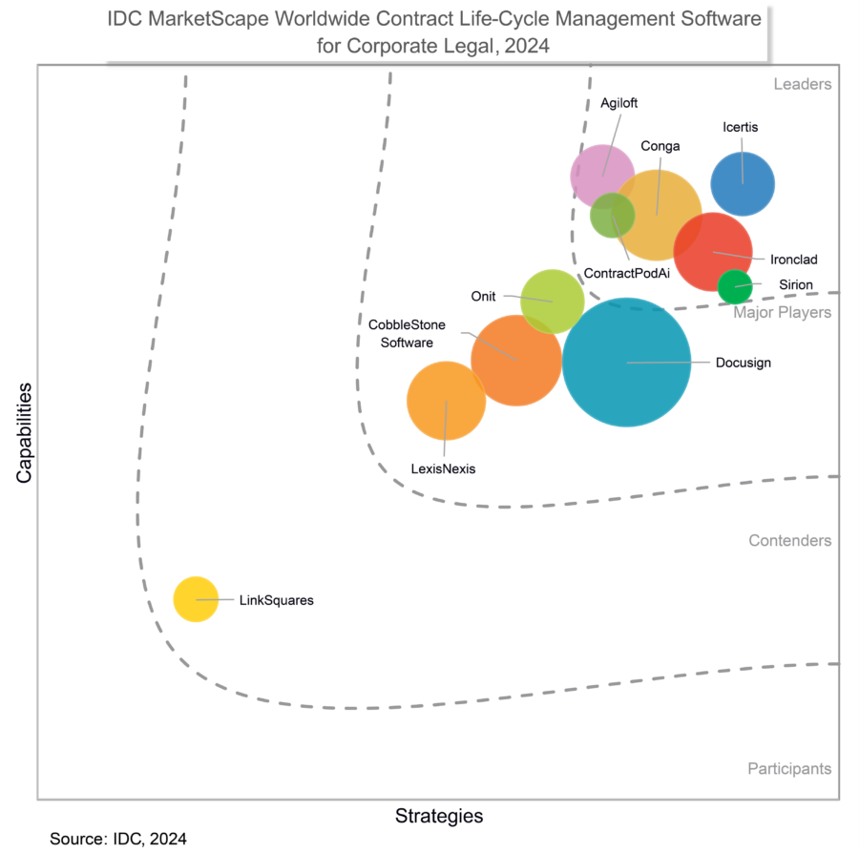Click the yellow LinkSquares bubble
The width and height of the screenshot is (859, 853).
pyautogui.click(x=196, y=599)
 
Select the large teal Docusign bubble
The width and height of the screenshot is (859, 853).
pyautogui.click(x=626, y=363)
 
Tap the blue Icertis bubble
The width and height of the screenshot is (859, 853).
pyautogui.click(x=743, y=183)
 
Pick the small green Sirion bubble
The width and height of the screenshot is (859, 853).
pyautogui.click(x=735, y=285)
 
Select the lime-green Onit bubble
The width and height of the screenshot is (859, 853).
pyautogui.click(x=552, y=302)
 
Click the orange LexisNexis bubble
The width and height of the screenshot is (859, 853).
pyautogui.click(x=446, y=401)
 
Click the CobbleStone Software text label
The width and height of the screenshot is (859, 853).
pyautogui.click(x=408, y=334)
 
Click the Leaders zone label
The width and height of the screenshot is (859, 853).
pyautogui.click(x=802, y=84)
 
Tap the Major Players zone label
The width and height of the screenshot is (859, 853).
pyautogui.click(x=782, y=312)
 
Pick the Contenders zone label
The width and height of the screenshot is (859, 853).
pyautogui.click(x=789, y=541)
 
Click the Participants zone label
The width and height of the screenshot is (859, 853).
pyautogui.click(x=788, y=769)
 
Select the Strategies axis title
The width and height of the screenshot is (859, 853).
pyautogui.click(x=439, y=817)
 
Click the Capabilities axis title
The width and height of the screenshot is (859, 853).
pyautogui.click(x=23, y=432)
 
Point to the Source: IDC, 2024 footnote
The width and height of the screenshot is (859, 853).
pyautogui.click(x=118, y=839)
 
